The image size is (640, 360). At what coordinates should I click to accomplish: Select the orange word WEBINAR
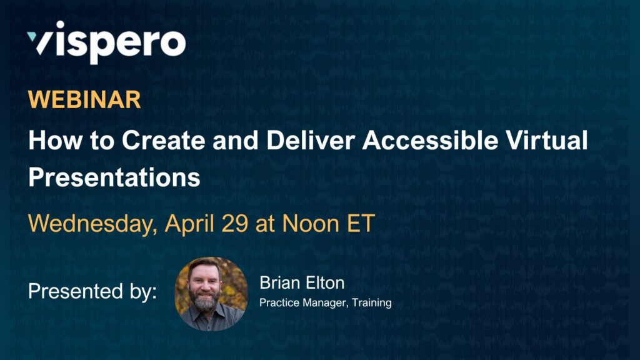[x=84, y=101]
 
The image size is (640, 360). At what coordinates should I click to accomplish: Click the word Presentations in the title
[x=114, y=178]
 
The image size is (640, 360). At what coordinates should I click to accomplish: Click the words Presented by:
[x=92, y=291]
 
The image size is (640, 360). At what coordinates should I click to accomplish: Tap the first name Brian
[x=279, y=283]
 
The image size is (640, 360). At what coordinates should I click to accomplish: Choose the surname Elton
[x=324, y=283]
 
